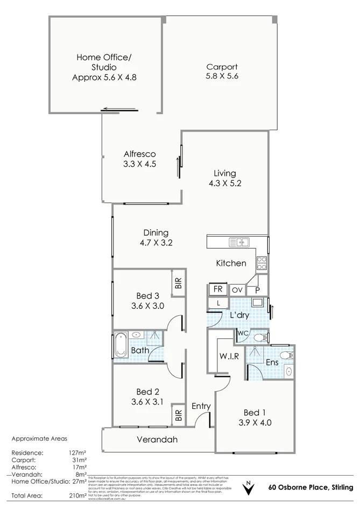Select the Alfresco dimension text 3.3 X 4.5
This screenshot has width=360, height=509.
tap(139, 165)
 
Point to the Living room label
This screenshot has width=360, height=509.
tap(224, 173)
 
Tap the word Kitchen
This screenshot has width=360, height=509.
tap(231, 263)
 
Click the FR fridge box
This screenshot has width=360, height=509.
tap(217, 289)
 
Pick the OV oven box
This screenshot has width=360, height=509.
tap(237, 290)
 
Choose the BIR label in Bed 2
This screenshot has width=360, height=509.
tap(178, 415)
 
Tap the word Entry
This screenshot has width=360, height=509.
tap(201, 406)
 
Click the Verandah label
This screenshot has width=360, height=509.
tap(157, 440)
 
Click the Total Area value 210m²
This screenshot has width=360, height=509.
tap(75, 495)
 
